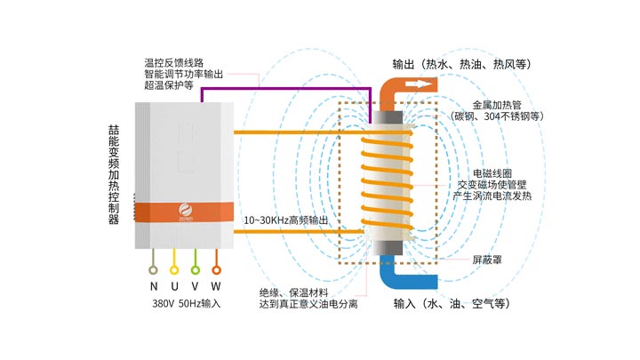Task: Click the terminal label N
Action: point(154,285)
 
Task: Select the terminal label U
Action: point(175,285)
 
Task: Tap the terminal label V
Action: point(196,285)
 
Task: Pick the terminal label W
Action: point(217,285)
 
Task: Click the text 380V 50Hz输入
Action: point(185,303)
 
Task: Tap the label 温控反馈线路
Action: point(174,63)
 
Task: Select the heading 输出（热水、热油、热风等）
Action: point(461,64)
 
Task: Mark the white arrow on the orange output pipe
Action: point(421,84)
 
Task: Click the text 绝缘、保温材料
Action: point(294,292)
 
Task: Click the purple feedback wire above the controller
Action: point(284,88)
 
